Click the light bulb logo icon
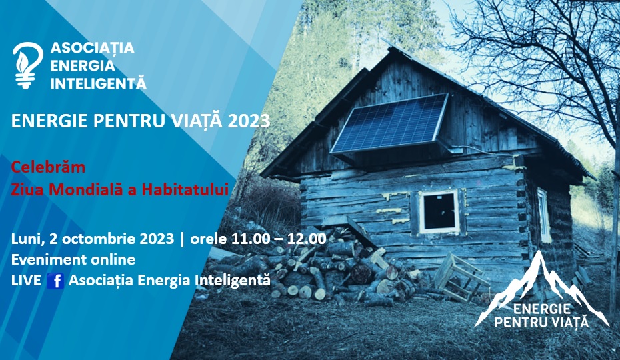click(28, 65)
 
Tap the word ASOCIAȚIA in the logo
click(92, 48)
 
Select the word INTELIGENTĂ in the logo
click(99, 83)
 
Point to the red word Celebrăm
click(48, 167)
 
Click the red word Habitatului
click(185, 189)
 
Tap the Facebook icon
click(55, 281)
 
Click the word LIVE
click(26, 280)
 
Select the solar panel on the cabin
click(389, 124)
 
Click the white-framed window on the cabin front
click(439, 211)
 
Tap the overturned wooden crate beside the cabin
click(460, 277)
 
